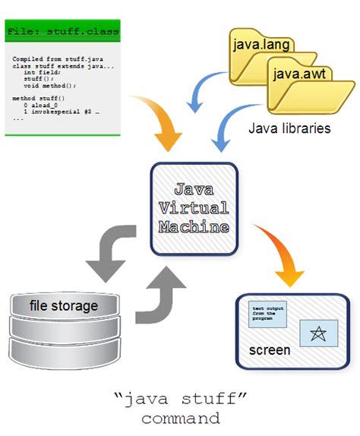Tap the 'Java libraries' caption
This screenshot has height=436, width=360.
coord(289,128)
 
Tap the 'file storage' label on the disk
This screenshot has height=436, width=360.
coord(64,306)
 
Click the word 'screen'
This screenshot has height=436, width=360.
coord(270,350)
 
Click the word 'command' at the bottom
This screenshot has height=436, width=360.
coord(180,418)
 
